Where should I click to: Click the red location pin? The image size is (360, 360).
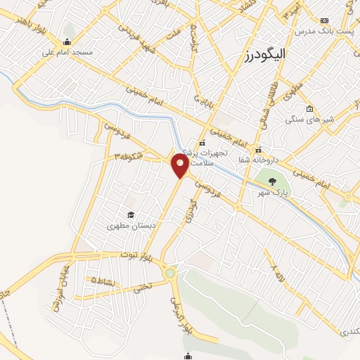[181, 166]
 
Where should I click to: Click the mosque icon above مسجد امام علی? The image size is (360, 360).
[67, 41]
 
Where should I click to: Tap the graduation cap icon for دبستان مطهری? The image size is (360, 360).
[130, 214]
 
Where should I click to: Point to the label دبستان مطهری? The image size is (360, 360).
[130, 226]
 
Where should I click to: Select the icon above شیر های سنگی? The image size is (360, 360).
[311, 109]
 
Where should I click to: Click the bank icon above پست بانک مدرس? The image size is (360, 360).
[324, 21]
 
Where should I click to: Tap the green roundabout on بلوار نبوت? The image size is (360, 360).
[169, 273]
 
